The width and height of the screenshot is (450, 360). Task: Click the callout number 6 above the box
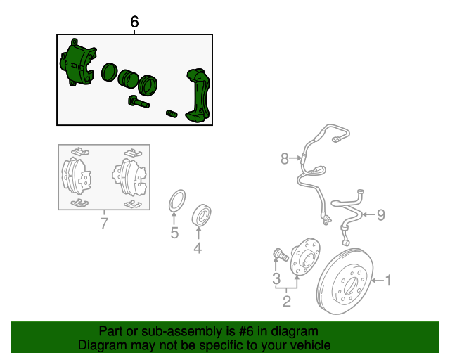point(135,22)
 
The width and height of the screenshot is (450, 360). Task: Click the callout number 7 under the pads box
point(104,224)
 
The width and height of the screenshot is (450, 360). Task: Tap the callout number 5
point(174,233)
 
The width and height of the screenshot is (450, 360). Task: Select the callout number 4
point(198,247)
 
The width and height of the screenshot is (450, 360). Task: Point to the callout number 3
point(276,279)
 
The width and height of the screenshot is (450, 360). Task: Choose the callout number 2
point(287,302)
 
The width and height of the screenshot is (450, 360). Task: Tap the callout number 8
point(284,160)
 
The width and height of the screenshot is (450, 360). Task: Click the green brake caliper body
point(79,65)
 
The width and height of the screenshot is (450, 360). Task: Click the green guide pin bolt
point(139,103)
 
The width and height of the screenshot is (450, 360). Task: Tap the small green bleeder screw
point(172,113)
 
